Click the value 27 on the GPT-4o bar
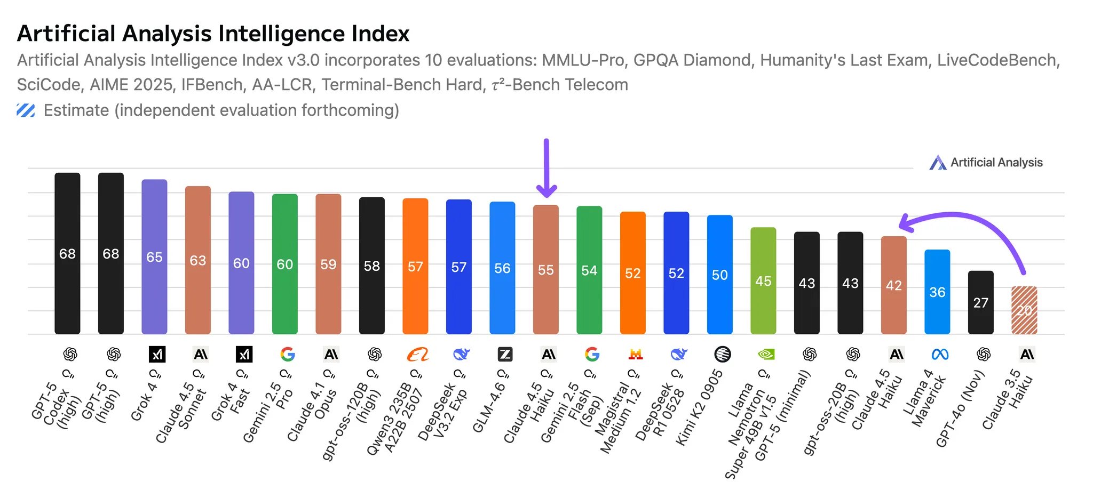click(980, 303)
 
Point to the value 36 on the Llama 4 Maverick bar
click(937, 292)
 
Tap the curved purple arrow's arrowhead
click(906, 223)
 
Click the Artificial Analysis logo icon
click(938, 163)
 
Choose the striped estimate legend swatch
click(26, 110)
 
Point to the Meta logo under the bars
click(940, 354)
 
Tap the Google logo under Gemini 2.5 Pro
click(287, 354)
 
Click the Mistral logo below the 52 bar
click(635, 354)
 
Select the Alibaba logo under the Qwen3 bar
click(417, 354)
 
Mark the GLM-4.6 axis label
click(488, 408)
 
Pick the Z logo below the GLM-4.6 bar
click(505, 354)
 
